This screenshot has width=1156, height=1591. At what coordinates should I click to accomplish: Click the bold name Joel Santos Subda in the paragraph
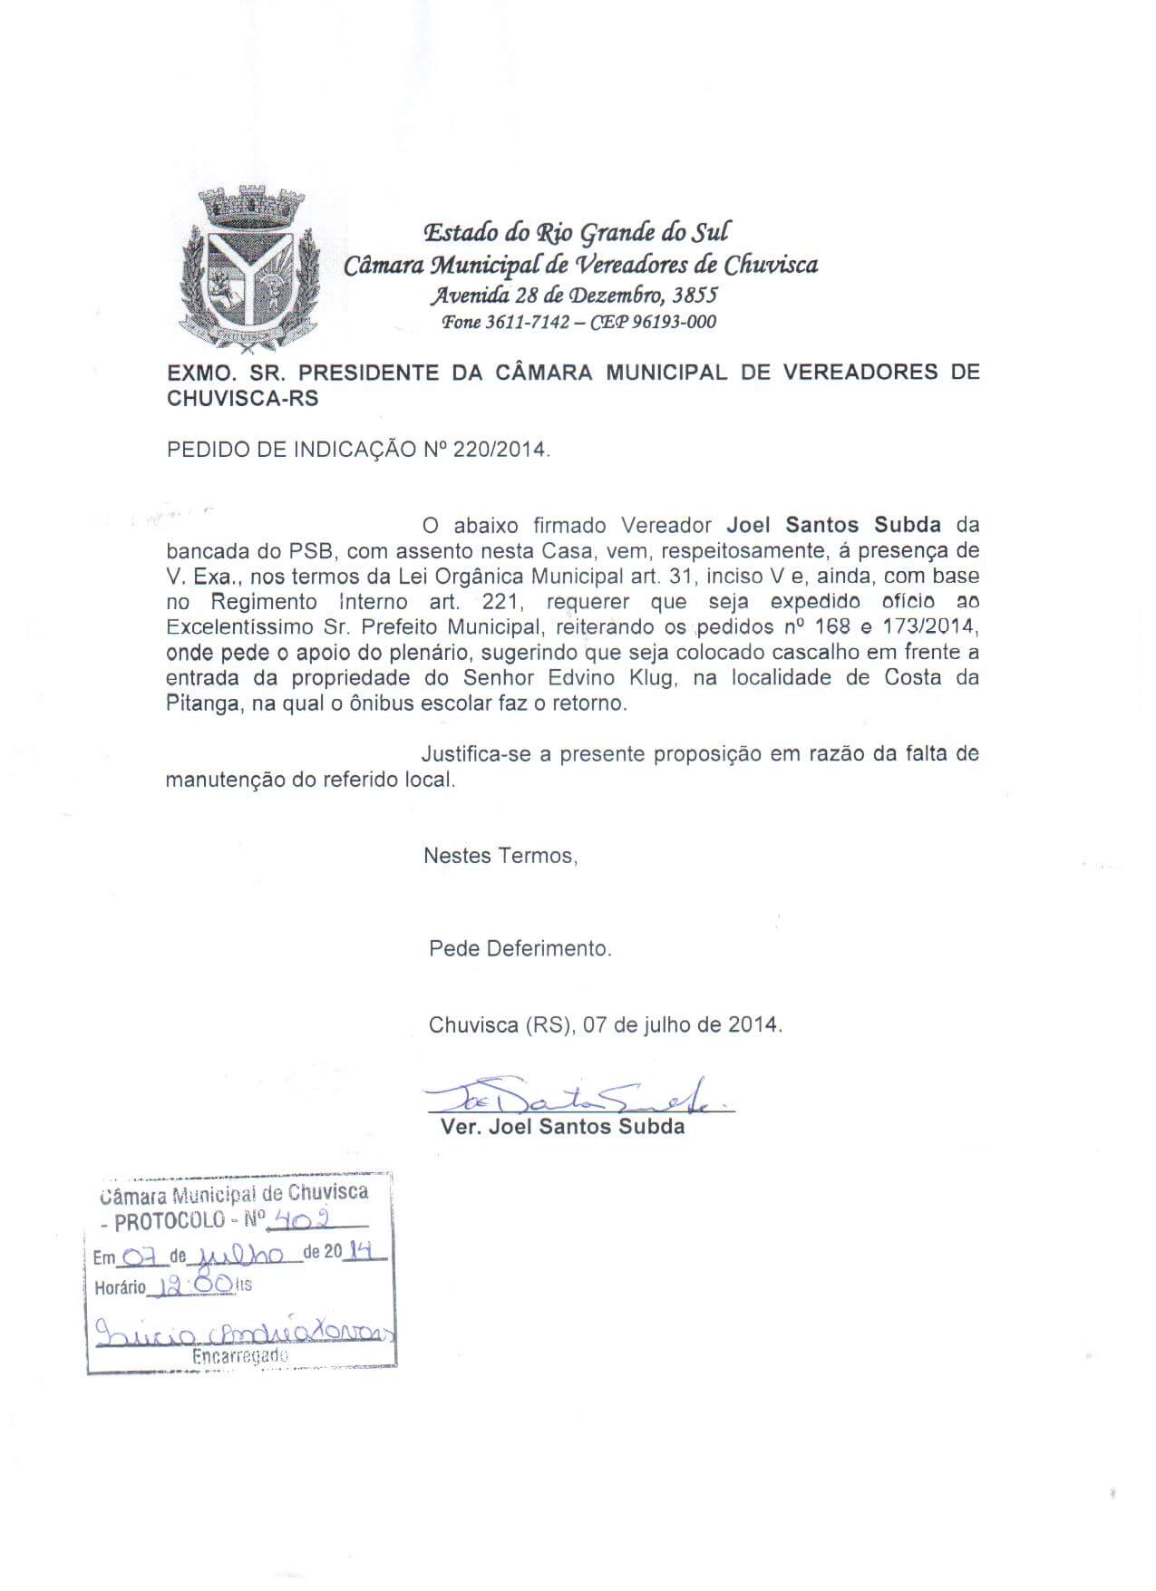(833, 525)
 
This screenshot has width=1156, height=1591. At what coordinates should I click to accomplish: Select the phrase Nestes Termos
(500, 856)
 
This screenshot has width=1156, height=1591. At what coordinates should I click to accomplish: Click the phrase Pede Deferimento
(520, 949)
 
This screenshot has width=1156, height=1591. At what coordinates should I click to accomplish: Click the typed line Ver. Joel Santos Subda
(562, 1128)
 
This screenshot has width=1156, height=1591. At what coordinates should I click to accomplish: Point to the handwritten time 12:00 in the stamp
(192, 1284)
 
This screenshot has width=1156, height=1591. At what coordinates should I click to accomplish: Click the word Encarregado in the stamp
(240, 1356)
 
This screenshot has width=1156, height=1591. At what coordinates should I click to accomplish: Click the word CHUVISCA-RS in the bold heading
(243, 398)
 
